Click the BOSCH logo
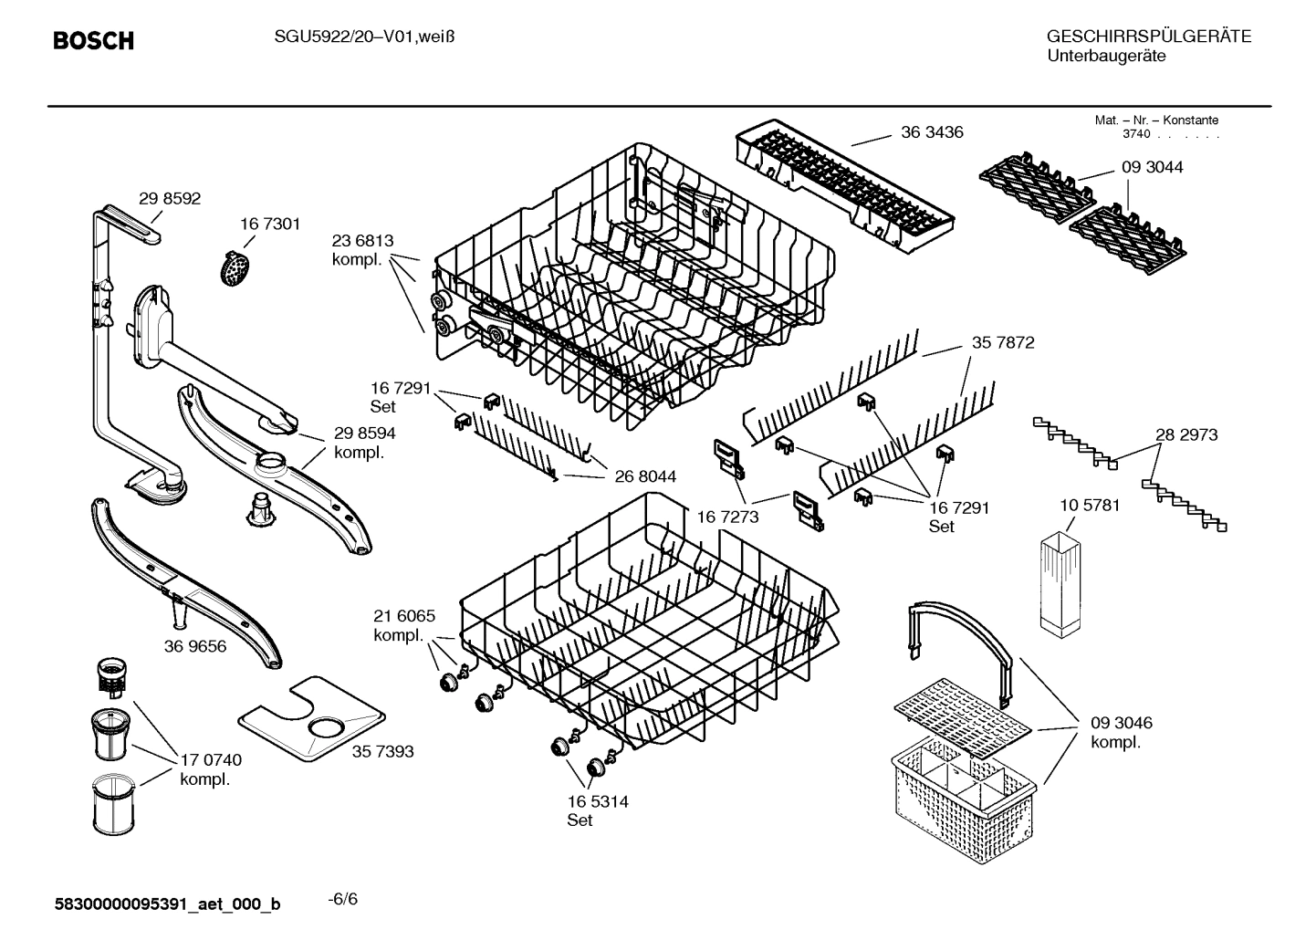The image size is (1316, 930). click(x=93, y=41)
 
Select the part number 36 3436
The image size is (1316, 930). click(x=931, y=132)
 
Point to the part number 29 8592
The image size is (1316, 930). click(x=170, y=199)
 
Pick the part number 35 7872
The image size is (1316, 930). click(x=1002, y=343)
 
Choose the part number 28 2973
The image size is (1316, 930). click(x=1185, y=435)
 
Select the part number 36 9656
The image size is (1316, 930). click(x=195, y=646)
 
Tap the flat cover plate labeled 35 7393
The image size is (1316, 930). click(x=310, y=718)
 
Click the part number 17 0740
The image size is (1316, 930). click(x=211, y=759)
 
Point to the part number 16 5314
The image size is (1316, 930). click(x=597, y=801)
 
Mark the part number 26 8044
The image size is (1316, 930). click(x=644, y=476)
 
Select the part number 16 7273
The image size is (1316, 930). click(x=727, y=517)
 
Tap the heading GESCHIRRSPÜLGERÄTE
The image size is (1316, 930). click(x=1148, y=37)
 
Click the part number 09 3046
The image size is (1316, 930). click(x=1121, y=723)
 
